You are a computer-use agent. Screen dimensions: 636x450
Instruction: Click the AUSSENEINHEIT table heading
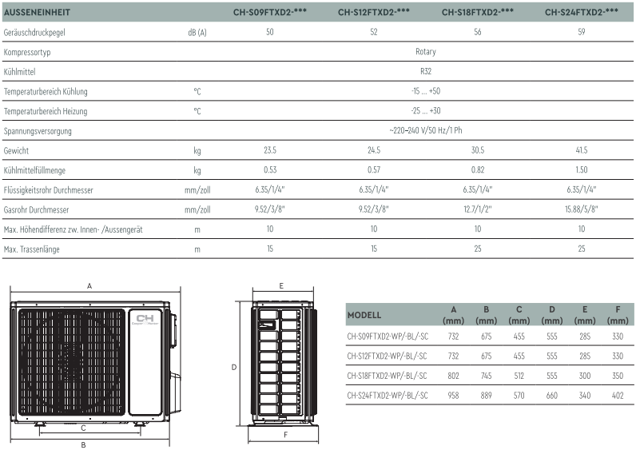pos(37,12)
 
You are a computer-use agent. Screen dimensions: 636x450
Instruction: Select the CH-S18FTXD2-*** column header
pos(478,12)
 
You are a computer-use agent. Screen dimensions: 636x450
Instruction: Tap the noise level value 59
pos(581,32)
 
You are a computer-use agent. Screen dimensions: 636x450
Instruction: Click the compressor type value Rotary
pos(426,51)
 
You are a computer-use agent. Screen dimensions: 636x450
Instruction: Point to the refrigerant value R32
pos(426,71)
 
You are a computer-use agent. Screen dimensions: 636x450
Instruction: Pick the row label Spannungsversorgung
pos(38,131)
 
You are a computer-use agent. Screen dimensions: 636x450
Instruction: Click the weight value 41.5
pos(581,150)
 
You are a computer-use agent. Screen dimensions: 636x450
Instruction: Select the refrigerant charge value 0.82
pos(478,169)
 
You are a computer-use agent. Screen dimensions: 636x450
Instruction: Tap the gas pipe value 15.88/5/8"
pos(581,209)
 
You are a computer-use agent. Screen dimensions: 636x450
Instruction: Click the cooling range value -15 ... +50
pos(426,91)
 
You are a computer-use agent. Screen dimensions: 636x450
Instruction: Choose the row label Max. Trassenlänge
pos(32,249)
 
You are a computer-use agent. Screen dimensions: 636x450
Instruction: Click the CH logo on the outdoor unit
pos(145,319)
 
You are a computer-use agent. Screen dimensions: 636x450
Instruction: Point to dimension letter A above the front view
pos(89,286)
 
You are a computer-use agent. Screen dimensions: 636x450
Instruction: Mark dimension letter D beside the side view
pos(234,367)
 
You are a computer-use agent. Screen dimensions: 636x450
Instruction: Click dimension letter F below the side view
pos(285,435)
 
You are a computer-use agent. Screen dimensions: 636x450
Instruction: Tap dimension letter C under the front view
pos(83,428)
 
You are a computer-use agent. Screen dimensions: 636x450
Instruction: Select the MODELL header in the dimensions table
pos(364,315)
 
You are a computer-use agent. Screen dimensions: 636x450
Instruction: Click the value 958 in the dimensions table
pos(453,395)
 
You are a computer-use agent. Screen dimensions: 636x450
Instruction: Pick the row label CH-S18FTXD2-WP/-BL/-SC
pos(387,376)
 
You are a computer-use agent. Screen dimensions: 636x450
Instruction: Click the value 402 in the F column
pos(618,395)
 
